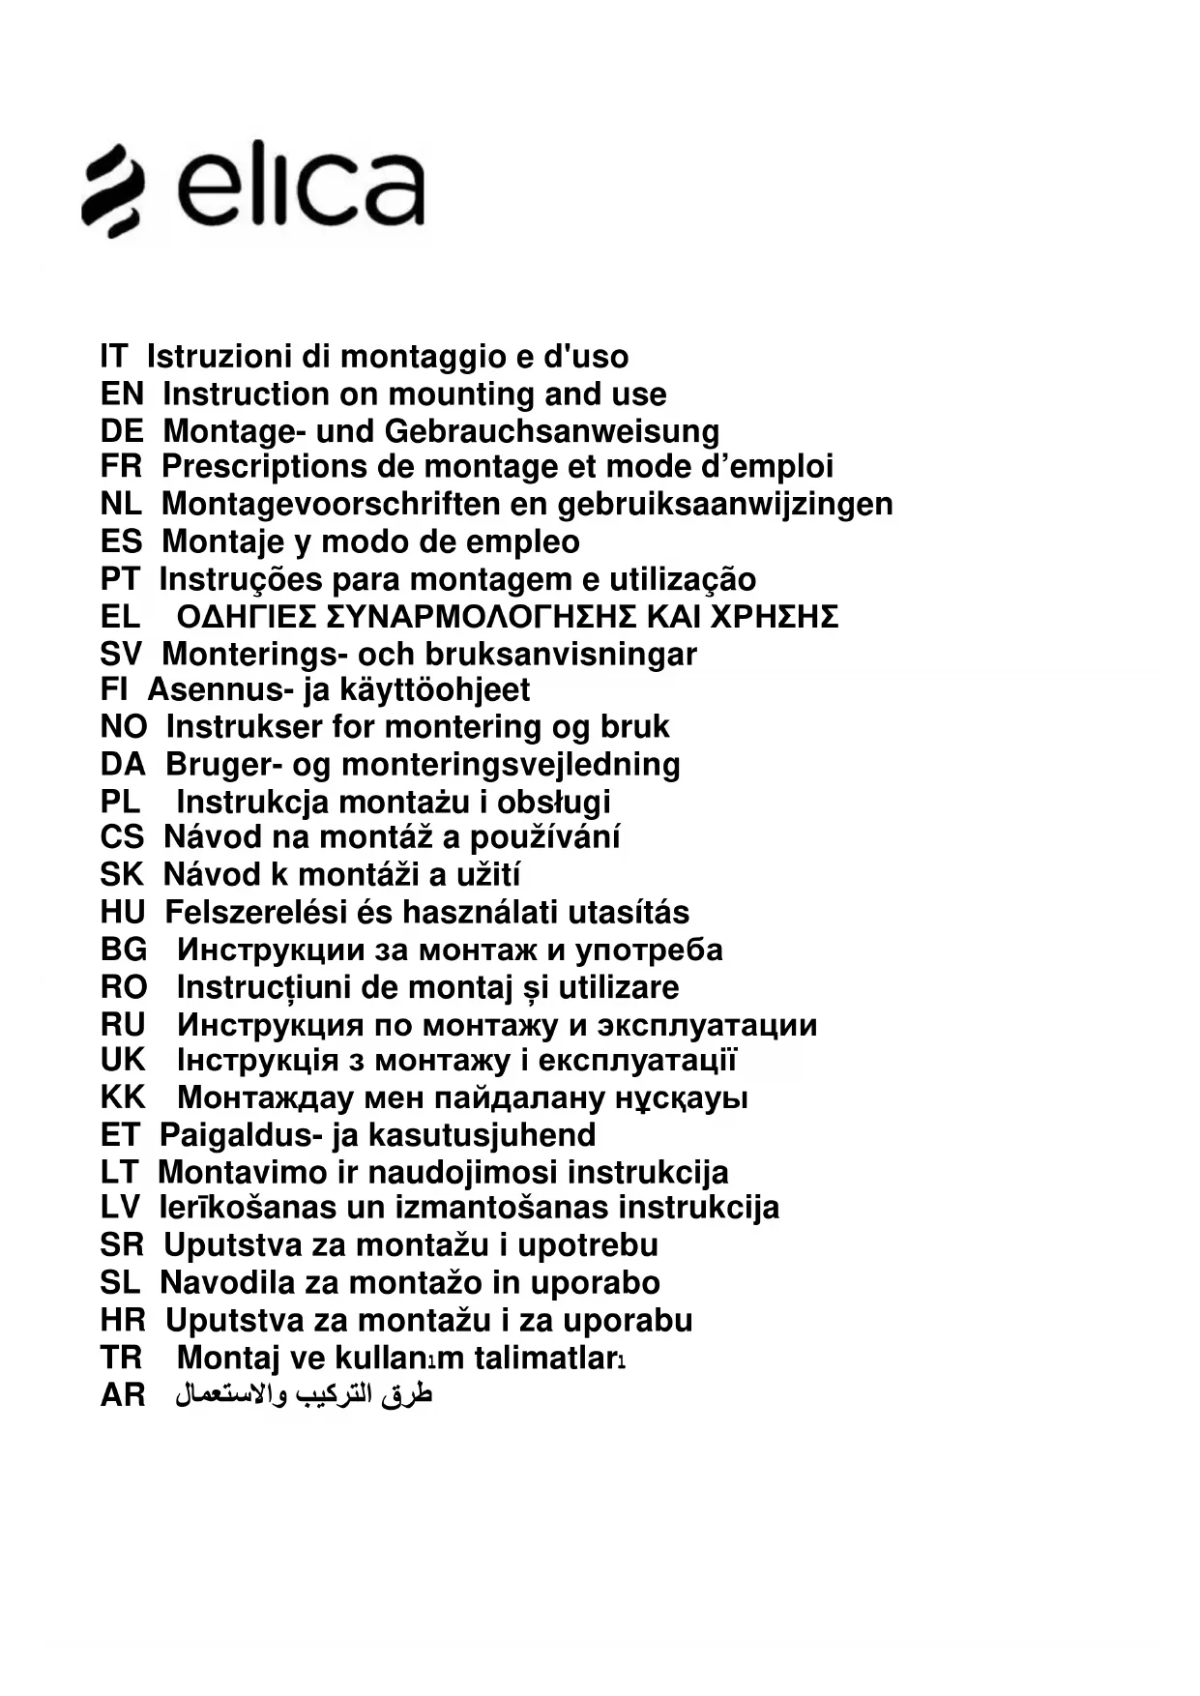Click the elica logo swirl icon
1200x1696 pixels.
114,190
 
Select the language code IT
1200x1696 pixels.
113,357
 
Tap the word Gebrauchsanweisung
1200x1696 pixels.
552,431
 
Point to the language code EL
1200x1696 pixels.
120,616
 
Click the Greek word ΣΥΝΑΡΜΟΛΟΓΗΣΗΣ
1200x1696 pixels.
482,616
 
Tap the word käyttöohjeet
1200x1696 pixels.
434,690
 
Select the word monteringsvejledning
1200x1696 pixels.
511,764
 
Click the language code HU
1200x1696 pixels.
122,912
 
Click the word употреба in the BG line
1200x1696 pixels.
649,950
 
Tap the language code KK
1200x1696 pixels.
123,1097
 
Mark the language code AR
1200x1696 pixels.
123,1395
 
